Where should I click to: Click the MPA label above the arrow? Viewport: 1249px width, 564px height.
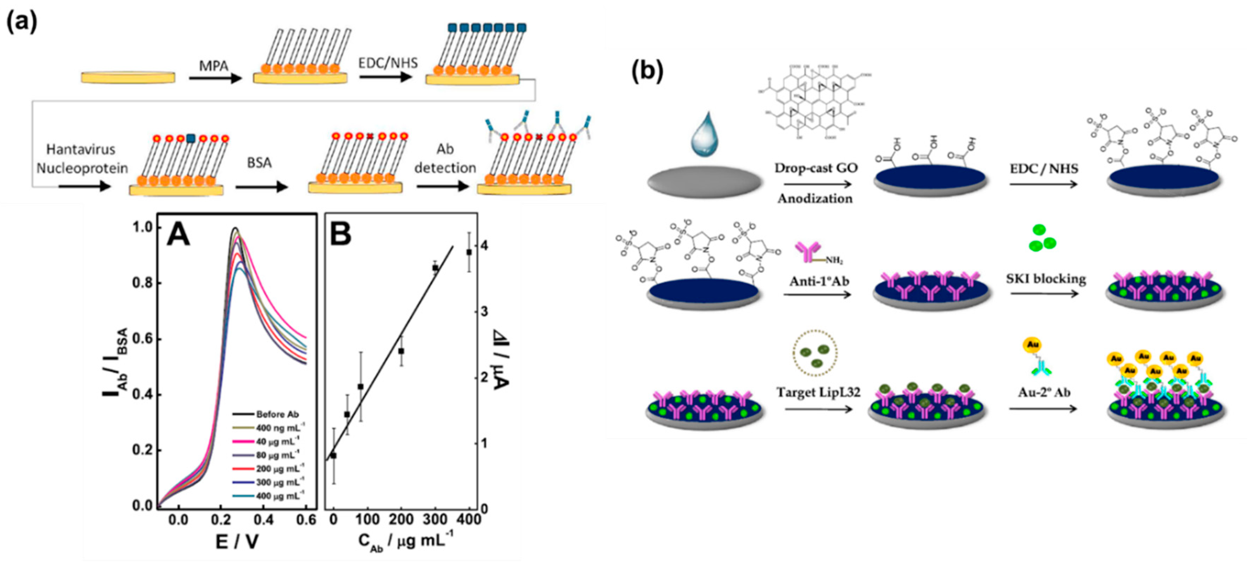coord(214,65)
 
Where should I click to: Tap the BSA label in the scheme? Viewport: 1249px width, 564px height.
coord(259,163)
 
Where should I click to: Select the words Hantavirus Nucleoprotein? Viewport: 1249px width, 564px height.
coord(82,159)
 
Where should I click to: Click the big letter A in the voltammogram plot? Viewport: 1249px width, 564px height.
coord(178,236)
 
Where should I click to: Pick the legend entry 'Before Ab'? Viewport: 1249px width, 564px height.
coord(277,414)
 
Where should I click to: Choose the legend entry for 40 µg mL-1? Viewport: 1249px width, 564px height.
coord(277,441)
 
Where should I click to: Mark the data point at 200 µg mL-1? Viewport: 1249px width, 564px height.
coord(401,351)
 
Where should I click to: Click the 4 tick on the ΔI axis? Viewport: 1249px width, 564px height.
coord(484,246)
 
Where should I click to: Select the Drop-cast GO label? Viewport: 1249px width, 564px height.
coord(816,168)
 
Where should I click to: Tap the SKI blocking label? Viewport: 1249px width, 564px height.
coord(1046,278)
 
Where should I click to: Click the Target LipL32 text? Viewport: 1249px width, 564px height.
coord(818,392)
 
